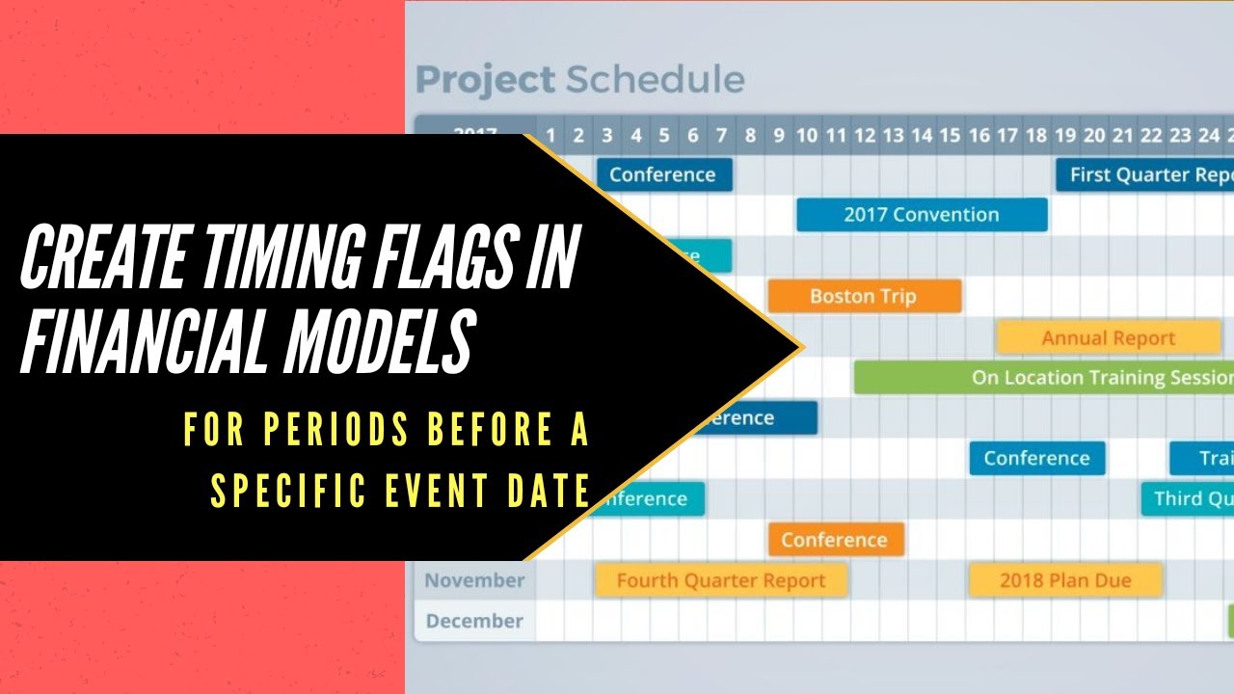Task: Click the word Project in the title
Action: coord(485,80)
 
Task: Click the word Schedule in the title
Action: coord(655,80)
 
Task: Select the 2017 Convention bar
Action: coord(921,215)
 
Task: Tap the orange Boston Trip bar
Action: coord(864,296)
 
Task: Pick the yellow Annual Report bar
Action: coord(1108,338)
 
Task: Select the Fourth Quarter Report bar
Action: coord(720,580)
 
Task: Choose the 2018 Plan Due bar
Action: coord(1064,580)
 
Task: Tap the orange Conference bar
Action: coord(835,540)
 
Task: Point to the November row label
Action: coord(474,580)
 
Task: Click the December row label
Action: coord(474,621)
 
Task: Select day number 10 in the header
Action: coord(807,136)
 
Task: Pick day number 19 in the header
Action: coord(1065,136)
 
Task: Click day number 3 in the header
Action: coord(606,136)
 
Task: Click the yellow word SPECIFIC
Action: coord(289,490)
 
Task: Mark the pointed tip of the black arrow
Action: coord(800,347)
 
